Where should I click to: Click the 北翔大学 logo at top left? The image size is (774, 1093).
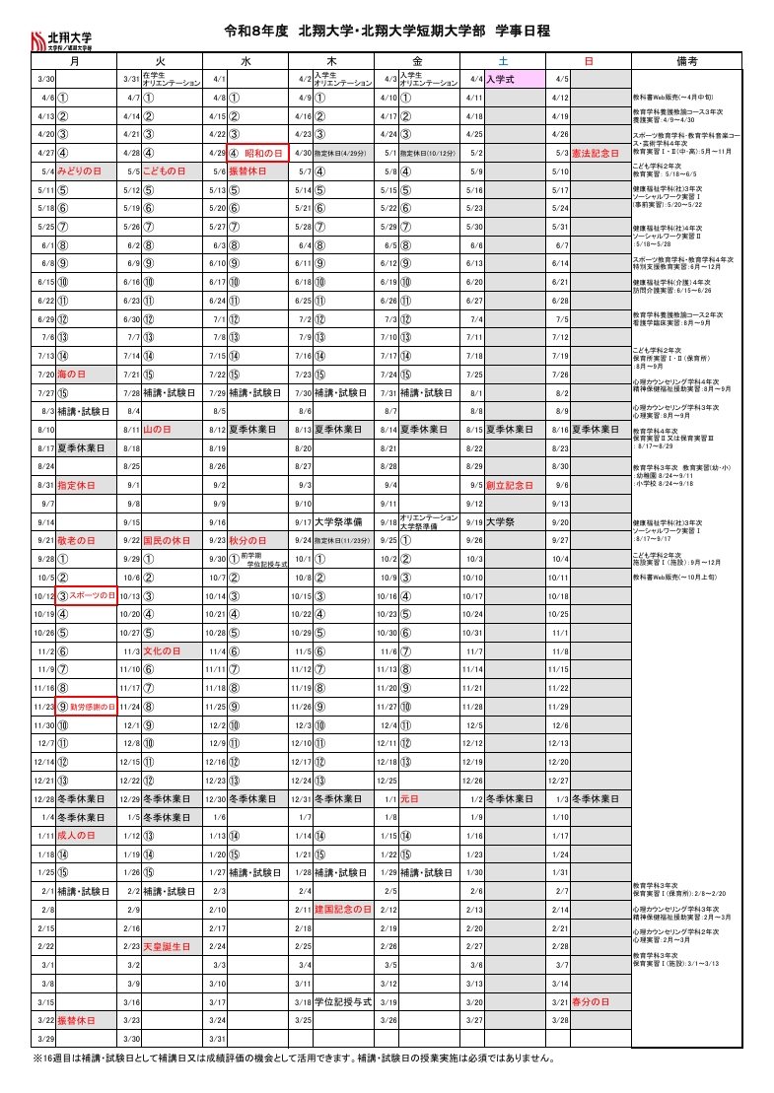71,39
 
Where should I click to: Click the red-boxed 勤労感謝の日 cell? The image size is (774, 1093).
88,707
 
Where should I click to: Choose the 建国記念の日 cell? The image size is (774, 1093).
342,909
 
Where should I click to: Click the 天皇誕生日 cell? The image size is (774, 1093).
167,945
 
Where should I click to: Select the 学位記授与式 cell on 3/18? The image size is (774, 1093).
342,1000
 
